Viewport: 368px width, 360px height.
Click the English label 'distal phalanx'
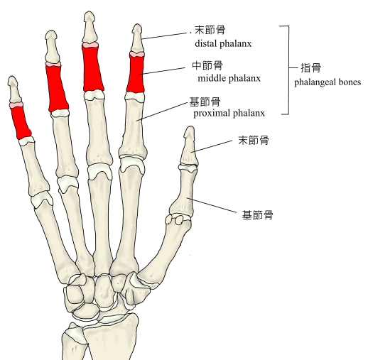(x=223, y=43)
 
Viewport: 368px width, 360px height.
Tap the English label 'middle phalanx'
(x=229, y=78)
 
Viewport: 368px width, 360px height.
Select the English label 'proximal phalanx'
(x=229, y=113)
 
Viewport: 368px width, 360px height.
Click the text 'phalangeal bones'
(x=328, y=82)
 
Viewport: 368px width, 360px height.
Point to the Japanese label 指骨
(x=311, y=68)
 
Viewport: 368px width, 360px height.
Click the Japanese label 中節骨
(x=207, y=65)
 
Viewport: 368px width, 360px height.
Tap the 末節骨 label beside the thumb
(x=254, y=140)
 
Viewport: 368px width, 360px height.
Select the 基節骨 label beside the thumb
(x=257, y=215)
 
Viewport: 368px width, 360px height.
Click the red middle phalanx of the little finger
(x=20, y=122)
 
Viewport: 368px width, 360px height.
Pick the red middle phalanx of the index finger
(x=136, y=73)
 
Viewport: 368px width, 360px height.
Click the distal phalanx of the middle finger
(x=90, y=28)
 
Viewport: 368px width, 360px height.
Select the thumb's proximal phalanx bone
(x=183, y=191)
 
